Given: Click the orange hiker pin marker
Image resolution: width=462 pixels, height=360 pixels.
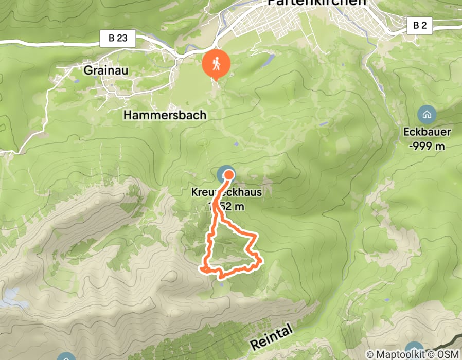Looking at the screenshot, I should click(x=216, y=64).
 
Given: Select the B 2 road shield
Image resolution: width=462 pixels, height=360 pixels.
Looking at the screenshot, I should click(x=419, y=25).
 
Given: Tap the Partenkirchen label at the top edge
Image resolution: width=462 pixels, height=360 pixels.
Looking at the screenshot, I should click(x=317, y=3).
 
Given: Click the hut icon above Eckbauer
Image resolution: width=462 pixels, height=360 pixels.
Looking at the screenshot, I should click(x=427, y=114).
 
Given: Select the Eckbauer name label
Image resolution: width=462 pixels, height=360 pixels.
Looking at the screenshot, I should click(x=427, y=132).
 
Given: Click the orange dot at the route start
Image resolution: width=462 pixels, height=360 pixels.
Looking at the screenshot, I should click(x=228, y=175).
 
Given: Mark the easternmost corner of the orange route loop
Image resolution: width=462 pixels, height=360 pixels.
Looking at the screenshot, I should click(x=262, y=260).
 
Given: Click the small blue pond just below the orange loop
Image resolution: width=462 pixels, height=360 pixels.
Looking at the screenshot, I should click(x=222, y=282).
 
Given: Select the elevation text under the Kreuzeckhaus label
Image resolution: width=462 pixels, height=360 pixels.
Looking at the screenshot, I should click(x=227, y=206).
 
